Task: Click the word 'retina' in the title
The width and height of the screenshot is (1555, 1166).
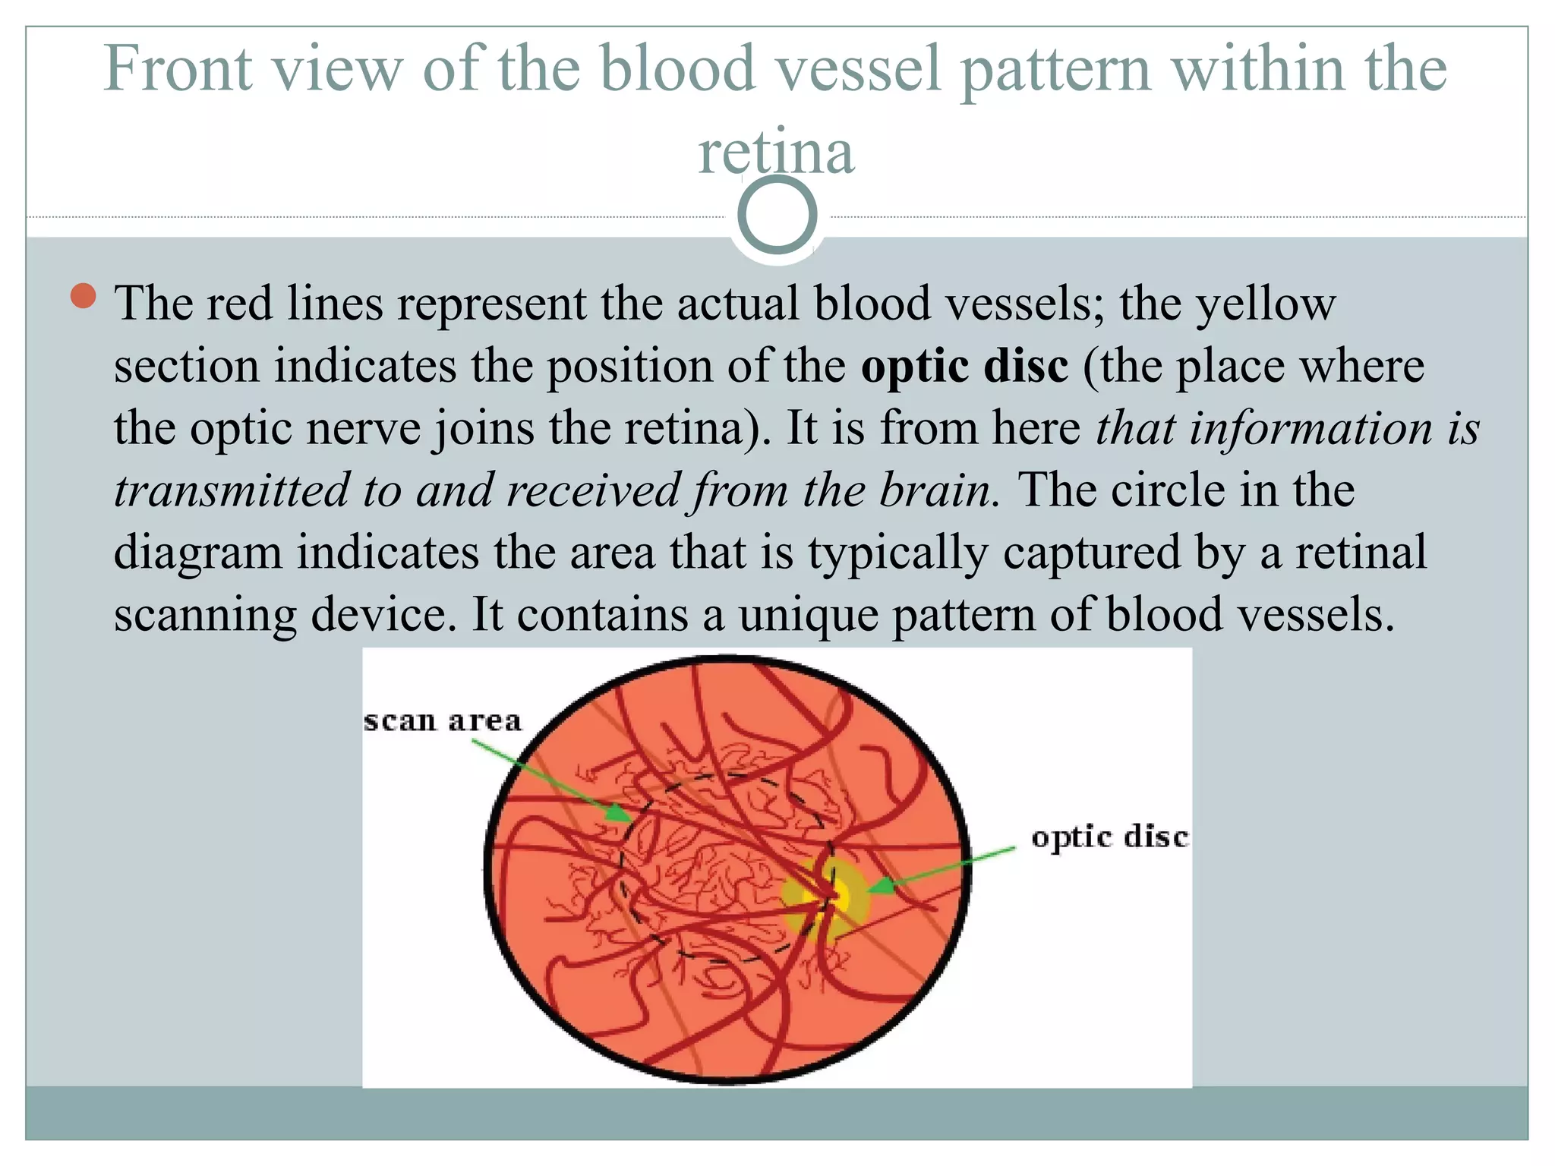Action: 776,152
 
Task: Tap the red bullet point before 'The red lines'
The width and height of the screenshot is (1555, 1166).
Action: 83,296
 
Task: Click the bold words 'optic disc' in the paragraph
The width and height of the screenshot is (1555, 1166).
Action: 964,366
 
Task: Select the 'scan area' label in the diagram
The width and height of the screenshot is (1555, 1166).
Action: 443,720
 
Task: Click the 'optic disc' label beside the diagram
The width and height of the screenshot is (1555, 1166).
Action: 1109,837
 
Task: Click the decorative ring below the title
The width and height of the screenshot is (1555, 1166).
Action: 777,215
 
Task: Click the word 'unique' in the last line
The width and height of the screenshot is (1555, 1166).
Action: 808,614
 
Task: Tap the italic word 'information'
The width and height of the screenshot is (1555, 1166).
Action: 1311,428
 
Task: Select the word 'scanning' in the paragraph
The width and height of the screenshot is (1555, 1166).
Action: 205,614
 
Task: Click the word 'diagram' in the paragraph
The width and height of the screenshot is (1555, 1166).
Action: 197,553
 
